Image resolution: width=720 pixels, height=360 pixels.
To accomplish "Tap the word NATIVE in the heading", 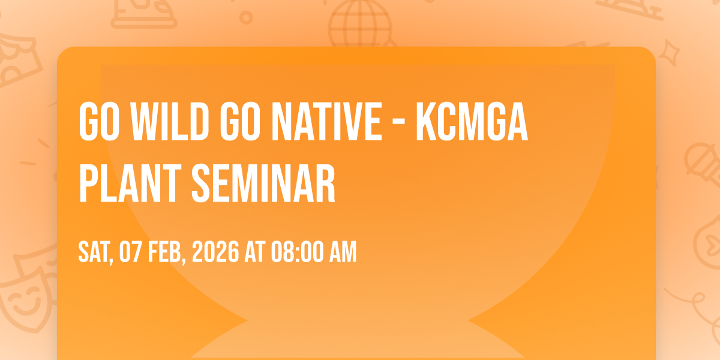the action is coord(327,121).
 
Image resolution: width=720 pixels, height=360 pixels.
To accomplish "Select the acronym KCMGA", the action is coord(472,121).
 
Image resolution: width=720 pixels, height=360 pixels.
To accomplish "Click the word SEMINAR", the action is coord(263,183).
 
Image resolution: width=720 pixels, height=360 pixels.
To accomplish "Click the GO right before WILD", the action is coord(99,121).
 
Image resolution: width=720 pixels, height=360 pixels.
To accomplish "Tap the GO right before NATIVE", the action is coord(240,121).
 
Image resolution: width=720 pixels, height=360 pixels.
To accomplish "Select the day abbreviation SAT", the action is coord(96,252).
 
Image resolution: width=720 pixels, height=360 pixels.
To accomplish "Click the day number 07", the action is coord(131,251).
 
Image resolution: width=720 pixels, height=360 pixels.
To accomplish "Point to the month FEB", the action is coord(167,252).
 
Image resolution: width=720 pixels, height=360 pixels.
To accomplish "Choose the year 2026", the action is coord(215,251).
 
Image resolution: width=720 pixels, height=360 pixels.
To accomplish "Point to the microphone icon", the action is coord(703,164).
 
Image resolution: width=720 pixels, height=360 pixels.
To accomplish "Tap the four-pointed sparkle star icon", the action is coord(670,53).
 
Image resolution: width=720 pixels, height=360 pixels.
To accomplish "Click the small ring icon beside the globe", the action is coord(246,17).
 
